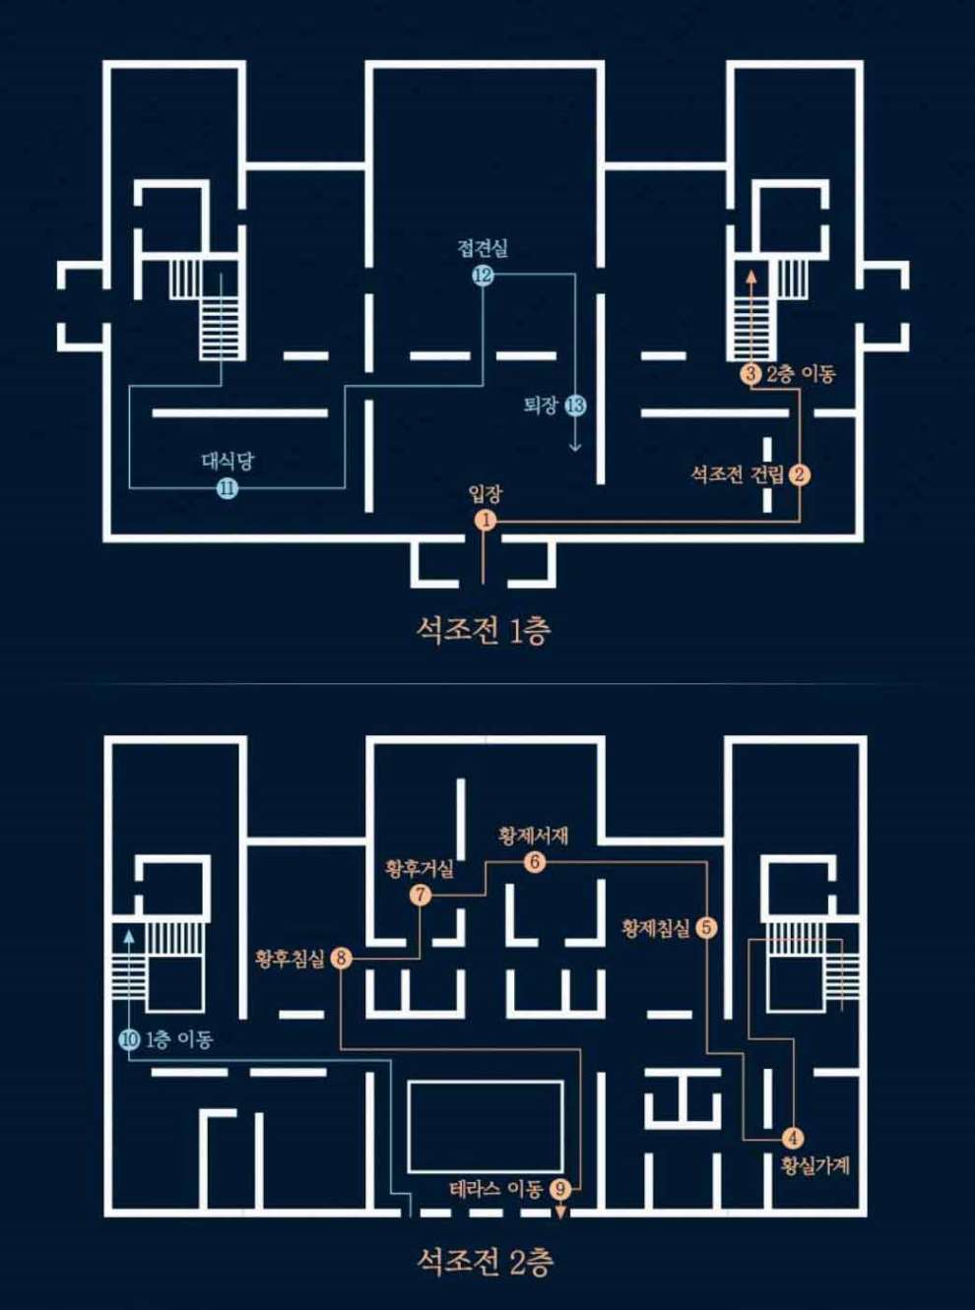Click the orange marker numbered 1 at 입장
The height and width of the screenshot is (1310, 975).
pyautogui.click(x=485, y=520)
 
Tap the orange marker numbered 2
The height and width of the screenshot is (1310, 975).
pyautogui.click(x=801, y=475)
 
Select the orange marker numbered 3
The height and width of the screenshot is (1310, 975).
pyautogui.click(x=751, y=374)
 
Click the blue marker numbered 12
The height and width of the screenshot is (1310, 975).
pyautogui.click(x=482, y=276)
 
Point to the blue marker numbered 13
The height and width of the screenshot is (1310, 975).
pyautogui.click(x=575, y=405)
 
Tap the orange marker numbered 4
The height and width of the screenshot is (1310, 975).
pyautogui.click(x=794, y=1139)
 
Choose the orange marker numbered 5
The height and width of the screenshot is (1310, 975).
pyautogui.click(x=706, y=927)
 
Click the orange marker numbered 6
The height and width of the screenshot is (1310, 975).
pyautogui.click(x=535, y=863)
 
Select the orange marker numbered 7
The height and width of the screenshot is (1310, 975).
pyautogui.click(x=421, y=896)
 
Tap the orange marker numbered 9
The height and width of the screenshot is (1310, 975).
pyautogui.click(x=560, y=1189)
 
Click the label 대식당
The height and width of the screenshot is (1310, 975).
pyautogui.click(x=227, y=461)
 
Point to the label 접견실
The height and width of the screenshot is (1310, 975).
pyautogui.click(x=483, y=248)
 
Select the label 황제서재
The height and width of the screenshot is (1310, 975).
pyautogui.click(x=534, y=837)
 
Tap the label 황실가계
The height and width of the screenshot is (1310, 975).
pyautogui.click(x=814, y=1166)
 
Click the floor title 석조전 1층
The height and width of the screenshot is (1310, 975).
pyautogui.click(x=484, y=630)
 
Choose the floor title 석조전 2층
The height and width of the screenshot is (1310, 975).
pyautogui.click(x=485, y=1261)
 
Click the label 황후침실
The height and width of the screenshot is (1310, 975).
pyautogui.click(x=290, y=959)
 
